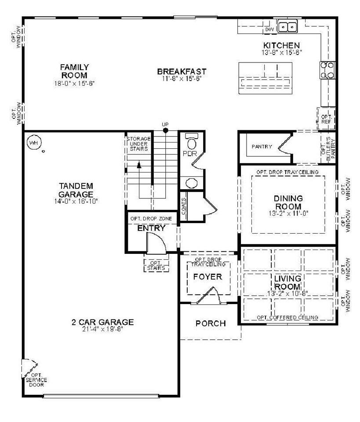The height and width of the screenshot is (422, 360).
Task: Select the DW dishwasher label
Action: pos(269,29)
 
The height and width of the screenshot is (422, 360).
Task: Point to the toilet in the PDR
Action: pos(191,143)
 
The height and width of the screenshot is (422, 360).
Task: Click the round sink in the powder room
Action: pos(191,183)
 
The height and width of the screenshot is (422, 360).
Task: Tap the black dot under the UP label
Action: pos(165,130)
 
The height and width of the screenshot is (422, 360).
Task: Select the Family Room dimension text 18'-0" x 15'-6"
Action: pos(74,83)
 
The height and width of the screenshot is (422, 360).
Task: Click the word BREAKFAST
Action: pos(182,71)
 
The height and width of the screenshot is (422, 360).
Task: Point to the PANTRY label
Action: pos(262,147)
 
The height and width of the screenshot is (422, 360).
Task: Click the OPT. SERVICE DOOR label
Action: pos(36,380)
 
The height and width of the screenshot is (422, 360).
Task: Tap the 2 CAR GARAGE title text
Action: pos(102,322)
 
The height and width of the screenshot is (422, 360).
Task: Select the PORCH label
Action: pos(211,323)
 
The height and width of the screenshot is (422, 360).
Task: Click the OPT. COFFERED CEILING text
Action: pos(287,317)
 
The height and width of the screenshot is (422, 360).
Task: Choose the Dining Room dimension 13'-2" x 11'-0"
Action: pos(288,214)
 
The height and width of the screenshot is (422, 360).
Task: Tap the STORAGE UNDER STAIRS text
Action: pos(138,144)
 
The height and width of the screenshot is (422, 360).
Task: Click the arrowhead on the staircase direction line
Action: pos(139,165)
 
